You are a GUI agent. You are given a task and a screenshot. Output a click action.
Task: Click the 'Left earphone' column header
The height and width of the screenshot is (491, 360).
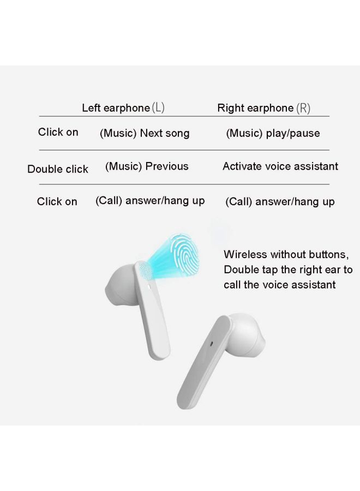pos(116,108)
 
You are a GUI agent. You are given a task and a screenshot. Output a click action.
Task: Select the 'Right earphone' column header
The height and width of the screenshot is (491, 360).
pos(255,108)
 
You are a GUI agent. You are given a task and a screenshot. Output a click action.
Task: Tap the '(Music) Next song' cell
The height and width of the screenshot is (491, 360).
pos(145,134)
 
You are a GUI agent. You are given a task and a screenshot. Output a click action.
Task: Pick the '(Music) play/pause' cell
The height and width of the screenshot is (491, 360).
pos(273,134)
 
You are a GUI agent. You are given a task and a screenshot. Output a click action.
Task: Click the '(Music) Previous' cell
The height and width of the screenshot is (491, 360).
pos(147,166)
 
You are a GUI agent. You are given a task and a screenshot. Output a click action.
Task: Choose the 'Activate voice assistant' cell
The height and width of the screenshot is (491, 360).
pos(280,166)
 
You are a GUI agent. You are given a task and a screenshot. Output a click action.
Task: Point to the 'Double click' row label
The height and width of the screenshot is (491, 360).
pos(58,169)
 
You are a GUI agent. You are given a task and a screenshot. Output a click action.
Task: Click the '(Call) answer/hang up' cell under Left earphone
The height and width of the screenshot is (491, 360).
pos(150,201)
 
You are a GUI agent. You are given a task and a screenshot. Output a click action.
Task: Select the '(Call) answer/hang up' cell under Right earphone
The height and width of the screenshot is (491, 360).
pos(280,202)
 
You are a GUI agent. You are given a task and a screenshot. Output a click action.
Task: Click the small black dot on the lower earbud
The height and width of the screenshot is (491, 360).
pos(212,345)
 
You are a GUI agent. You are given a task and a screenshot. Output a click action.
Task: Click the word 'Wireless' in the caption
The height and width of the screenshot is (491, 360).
pos(245,254)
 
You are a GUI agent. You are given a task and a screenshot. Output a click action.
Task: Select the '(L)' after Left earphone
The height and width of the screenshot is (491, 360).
pos(158,108)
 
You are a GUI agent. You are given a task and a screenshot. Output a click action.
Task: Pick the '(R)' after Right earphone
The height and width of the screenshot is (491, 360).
pos(303,108)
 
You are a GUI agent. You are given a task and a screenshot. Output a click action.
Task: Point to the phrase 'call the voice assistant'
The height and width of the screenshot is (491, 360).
pos(280,285)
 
